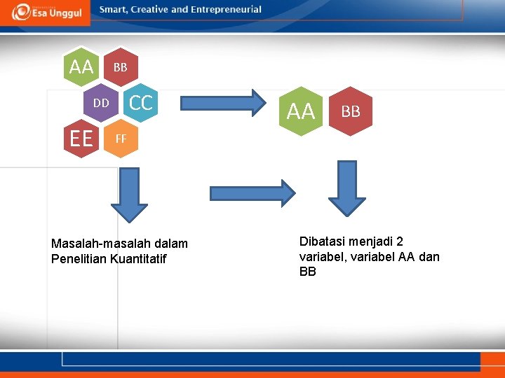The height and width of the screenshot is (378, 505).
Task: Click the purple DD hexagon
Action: tap(102, 103)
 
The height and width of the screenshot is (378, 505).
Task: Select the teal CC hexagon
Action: tap(140, 103)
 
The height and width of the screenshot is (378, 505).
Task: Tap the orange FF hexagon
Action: tap(121, 139)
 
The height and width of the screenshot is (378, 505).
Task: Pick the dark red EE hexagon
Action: tap(81, 139)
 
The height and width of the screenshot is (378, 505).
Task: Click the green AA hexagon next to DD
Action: tap(81, 67)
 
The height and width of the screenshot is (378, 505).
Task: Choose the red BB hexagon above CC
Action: tap(121, 67)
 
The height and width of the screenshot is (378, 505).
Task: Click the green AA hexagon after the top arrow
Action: tap(301, 111)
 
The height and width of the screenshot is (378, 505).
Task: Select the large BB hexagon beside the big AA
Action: tap(351, 111)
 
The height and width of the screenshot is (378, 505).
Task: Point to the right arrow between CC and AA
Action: tap(217, 102)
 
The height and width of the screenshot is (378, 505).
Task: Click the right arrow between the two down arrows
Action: tap(252, 193)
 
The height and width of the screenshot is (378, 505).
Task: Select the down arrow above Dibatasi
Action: tap(347, 188)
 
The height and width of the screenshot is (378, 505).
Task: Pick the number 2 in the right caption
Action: tap(399, 241)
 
